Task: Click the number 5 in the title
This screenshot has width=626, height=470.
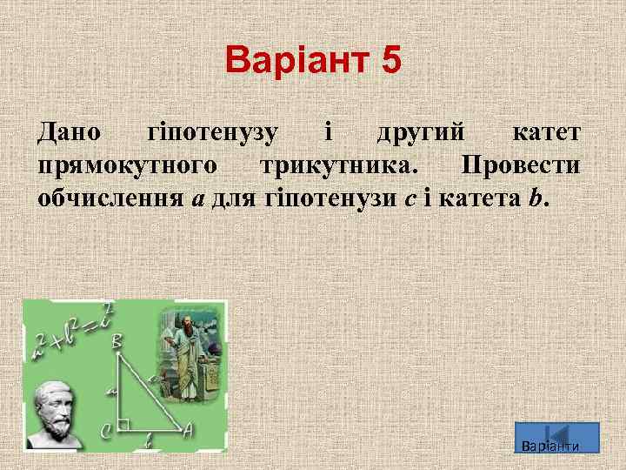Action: click(x=390, y=62)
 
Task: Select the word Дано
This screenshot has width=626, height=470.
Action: click(x=69, y=133)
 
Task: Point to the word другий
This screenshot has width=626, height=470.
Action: click(x=421, y=133)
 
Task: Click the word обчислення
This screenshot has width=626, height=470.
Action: click(x=110, y=198)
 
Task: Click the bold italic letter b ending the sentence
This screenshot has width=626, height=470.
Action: click(x=533, y=198)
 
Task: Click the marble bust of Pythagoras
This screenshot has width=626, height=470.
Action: click(x=56, y=413)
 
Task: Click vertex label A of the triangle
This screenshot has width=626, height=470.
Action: click(x=187, y=429)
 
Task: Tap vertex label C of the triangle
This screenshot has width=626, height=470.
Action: click(x=106, y=429)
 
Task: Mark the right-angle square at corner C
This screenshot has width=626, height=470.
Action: click(x=124, y=425)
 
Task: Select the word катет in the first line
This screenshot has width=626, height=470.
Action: click(x=546, y=133)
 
